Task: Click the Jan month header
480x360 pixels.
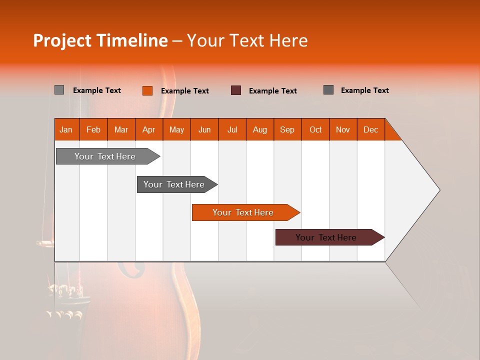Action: (x=66, y=129)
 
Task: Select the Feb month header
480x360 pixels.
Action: (x=93, y=129)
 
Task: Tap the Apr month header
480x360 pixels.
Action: (x=148, y=129)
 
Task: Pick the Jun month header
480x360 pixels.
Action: (x=204, y=129)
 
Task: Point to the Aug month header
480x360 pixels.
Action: (x=259, y=129)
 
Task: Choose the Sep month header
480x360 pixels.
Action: (x=287, y=129)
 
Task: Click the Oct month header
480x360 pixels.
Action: (x=315, y=129)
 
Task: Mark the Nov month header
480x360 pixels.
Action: (x=343, y=129)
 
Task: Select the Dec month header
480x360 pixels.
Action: (x=370, y=129)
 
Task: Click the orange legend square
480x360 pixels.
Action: (x=147, y=90)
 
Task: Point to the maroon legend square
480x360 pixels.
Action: (x=236, y=90)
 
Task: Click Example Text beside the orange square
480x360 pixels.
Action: (x=185, y=91)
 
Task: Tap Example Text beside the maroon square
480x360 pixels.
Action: (x=273, y=91)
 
